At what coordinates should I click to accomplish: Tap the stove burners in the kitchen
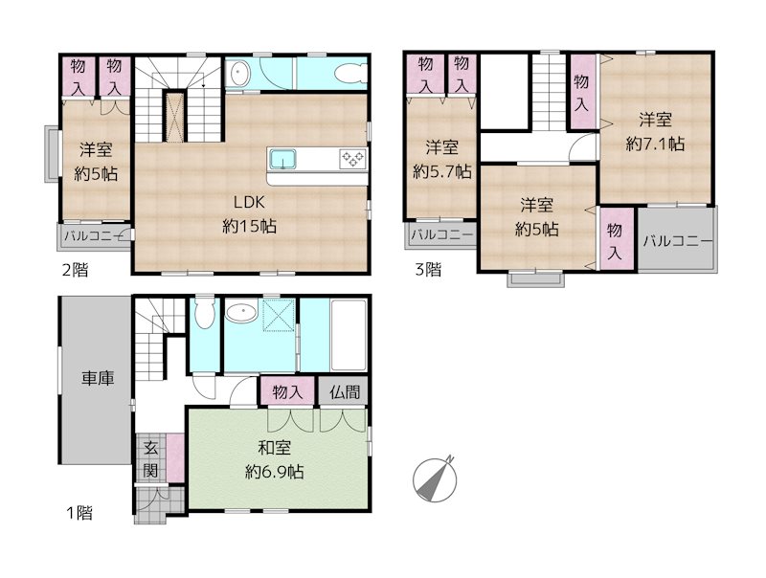[350, 158]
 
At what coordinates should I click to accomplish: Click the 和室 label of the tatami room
[275, 448]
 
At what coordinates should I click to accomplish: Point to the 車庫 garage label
[97, 378]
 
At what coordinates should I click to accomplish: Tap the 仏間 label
[346, 392]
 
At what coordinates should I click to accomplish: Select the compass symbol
[436, 478]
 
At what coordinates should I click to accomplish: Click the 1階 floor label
[79, 514]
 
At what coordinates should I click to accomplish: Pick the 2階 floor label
[75, 270]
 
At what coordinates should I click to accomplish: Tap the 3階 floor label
[428, 270]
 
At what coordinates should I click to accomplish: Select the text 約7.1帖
[655, 144]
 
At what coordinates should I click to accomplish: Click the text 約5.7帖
[441, 172]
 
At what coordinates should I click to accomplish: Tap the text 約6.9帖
[275, 472]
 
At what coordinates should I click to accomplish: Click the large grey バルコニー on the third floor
[678, 240]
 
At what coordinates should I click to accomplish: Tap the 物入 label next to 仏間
[287, 392]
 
